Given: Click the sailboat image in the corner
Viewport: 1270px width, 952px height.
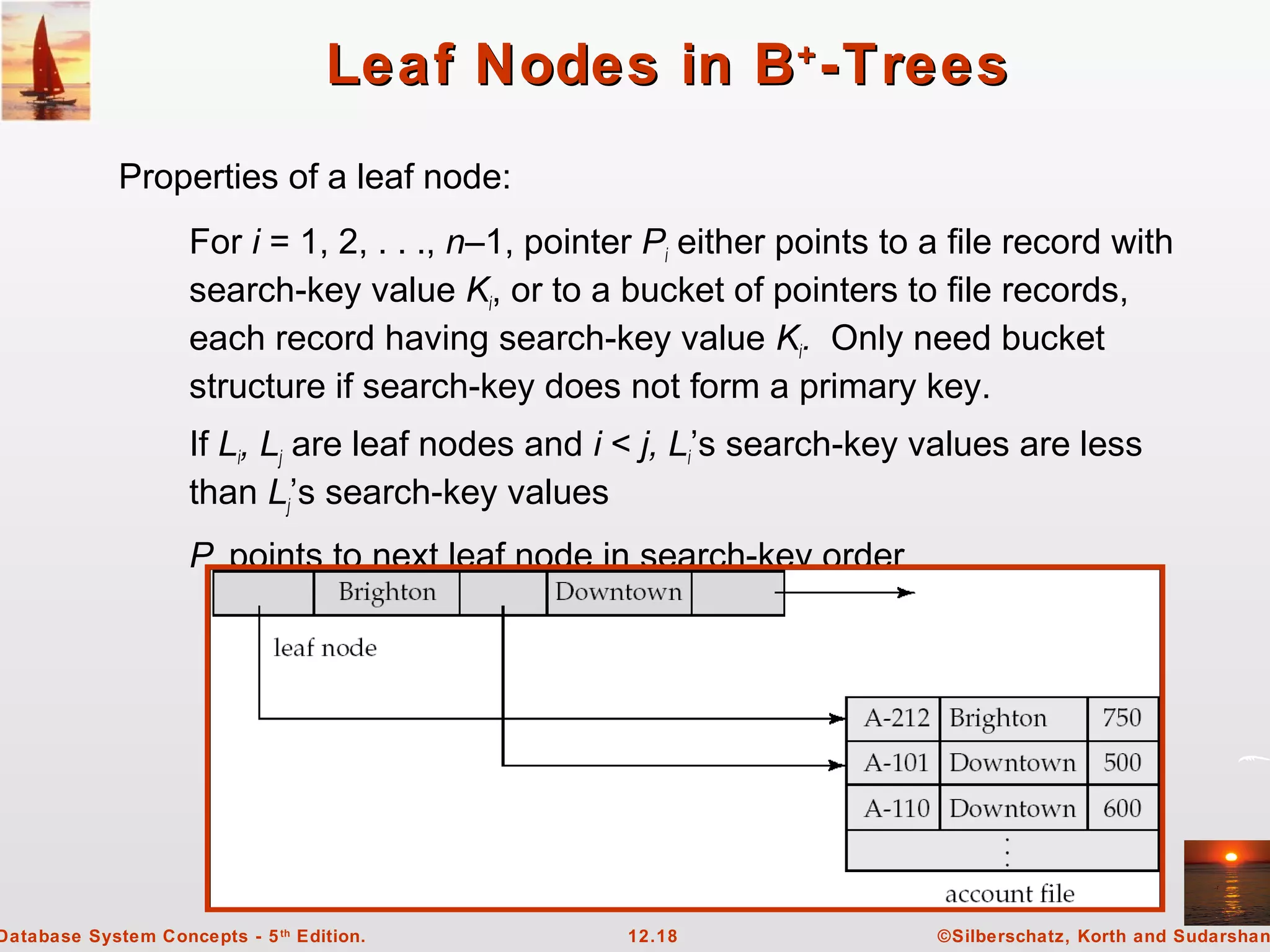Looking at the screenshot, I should [x=46, y=61].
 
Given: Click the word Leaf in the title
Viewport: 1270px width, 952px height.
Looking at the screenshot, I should [x=391, y=65].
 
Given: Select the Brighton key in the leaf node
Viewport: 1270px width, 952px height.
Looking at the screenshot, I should [x=387, y=593].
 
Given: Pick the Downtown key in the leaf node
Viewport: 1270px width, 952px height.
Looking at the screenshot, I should [x=618, y=593].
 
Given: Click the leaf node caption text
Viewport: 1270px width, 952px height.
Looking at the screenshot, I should [x=325, y=648].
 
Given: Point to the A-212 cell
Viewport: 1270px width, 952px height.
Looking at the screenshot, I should [x=895, y=718].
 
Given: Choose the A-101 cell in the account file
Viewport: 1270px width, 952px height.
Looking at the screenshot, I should [x=895, y=763].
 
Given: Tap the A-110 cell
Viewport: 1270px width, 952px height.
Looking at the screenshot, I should [x=895, y=809].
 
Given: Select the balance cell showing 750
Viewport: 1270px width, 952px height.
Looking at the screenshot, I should [x=1122, y=718].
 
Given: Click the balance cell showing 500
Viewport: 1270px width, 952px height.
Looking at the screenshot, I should [x=1122, y=763].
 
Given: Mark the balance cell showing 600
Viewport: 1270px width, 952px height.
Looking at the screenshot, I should [x=1122, y=809].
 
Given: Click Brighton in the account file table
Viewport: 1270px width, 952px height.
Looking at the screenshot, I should [x=998, y=718].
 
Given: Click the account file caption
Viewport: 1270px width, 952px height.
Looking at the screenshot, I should [x=1010, y=894].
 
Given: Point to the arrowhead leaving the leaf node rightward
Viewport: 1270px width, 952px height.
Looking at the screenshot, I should [x=907, y=593].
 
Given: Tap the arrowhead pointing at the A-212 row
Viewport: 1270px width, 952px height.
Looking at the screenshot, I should [x=838, y=719].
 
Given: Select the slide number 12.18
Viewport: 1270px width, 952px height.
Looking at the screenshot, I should [x=652, y=936].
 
